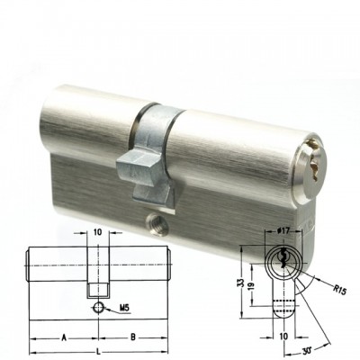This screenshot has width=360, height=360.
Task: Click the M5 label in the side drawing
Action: click(124, 308)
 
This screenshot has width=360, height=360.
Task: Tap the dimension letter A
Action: click(64, 337)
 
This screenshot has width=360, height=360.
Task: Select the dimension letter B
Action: click(133, 337)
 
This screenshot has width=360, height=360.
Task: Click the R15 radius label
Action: click(340, 290)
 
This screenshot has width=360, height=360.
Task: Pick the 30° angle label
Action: click(308, 351)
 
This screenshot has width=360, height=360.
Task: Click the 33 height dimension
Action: click(238, 282)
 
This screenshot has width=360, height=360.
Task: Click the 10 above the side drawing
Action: click(98, 232)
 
